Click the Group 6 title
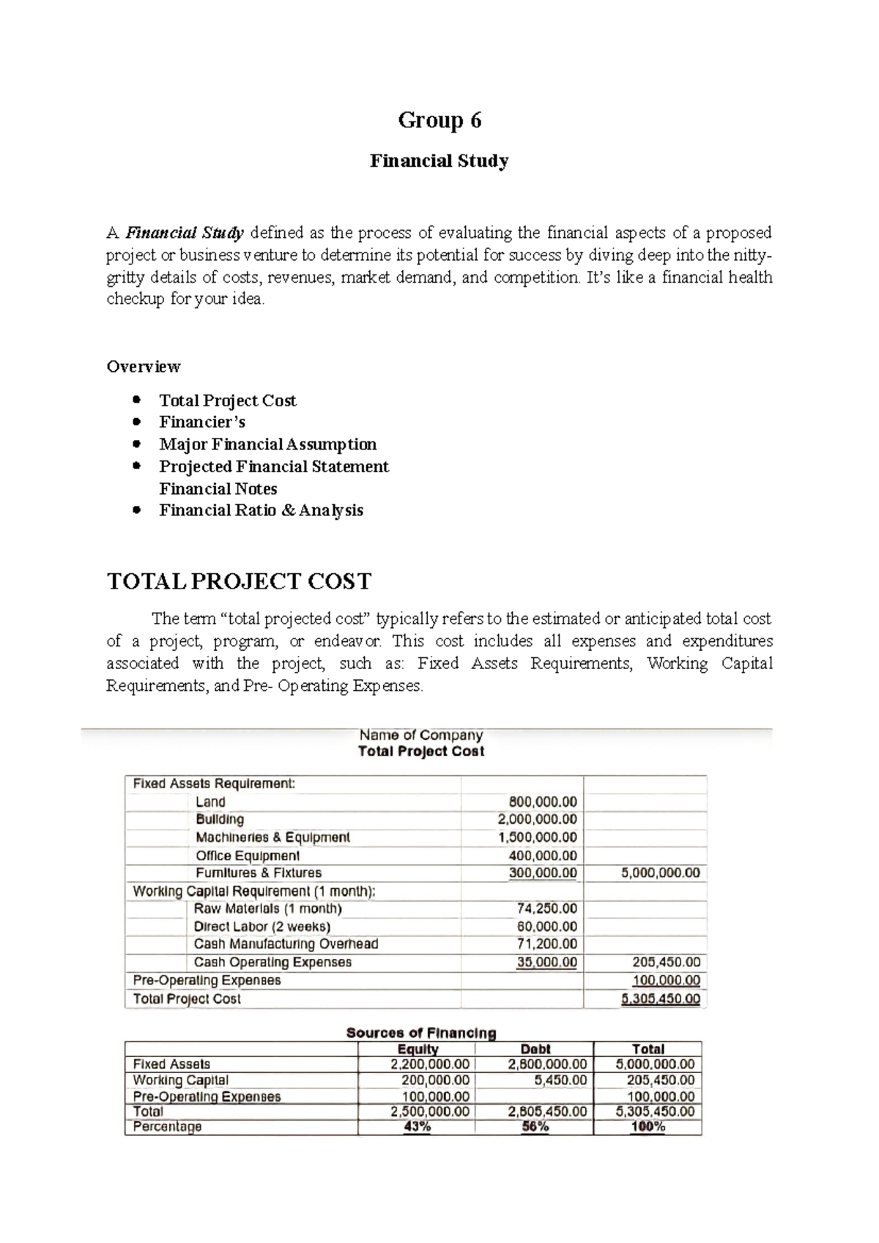pos(439,120)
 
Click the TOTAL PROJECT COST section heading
pos(239,582)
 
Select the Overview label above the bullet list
pos(144,366)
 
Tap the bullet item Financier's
pos(202,422)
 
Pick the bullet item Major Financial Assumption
pos(267,444)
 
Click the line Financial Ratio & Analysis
pos(261,510)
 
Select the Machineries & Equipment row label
pos(272,837)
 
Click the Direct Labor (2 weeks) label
pos(262,927)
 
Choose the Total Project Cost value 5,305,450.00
pos(660,998)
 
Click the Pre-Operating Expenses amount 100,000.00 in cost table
pos(666,980)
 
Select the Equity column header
pos(417,1049)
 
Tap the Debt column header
pos(535,1049)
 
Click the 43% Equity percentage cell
pos(417,1127)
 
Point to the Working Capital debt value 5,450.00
pos(560,1080)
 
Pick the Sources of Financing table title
pos(420,1033)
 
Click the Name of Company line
pos(420,735)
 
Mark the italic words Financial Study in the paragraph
pos(185,233)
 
